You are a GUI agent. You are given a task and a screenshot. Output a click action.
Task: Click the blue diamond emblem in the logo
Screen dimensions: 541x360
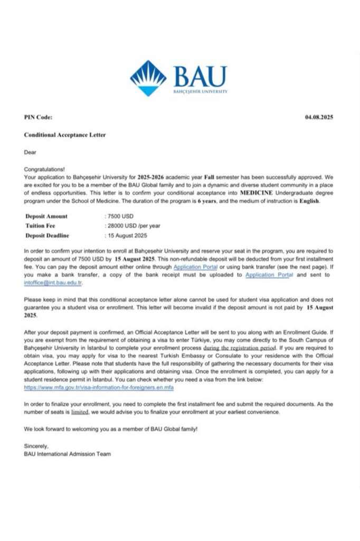click(x=148, y=78)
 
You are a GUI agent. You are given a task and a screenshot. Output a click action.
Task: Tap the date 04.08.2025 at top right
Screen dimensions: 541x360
click(x=319, y=117)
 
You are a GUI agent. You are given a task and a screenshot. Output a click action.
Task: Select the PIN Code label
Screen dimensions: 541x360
click(x=38, y=117)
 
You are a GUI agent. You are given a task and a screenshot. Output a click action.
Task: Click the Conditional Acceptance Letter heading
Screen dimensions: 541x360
click(x=64, y=135)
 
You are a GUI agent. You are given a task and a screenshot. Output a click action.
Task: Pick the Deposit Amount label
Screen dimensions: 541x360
click(x=46, y=216)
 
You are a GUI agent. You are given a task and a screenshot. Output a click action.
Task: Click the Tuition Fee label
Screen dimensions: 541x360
click(x=41, y=226)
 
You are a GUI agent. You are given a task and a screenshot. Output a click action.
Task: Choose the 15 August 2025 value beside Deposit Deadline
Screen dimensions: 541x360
click(x=127, y=235)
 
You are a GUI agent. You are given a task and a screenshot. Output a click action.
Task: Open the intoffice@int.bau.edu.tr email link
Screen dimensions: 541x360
click(x=52, y=283)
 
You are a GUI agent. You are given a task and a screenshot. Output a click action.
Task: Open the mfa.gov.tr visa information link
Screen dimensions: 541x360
click(x=99, y=387)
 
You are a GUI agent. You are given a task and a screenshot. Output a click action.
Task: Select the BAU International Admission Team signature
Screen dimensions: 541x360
click(x=68, y=454)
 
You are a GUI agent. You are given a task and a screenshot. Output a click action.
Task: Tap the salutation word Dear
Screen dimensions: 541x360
click(x=30, y=153)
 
